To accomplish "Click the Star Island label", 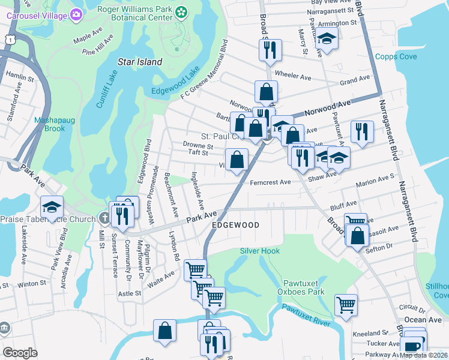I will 140,62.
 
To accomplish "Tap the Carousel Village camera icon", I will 76,14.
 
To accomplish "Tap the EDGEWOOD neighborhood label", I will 235,225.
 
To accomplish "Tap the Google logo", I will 20,353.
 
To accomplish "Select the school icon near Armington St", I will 327,39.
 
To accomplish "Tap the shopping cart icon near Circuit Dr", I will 346,305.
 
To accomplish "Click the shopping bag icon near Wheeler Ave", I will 266,92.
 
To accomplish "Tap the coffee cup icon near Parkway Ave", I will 412,347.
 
